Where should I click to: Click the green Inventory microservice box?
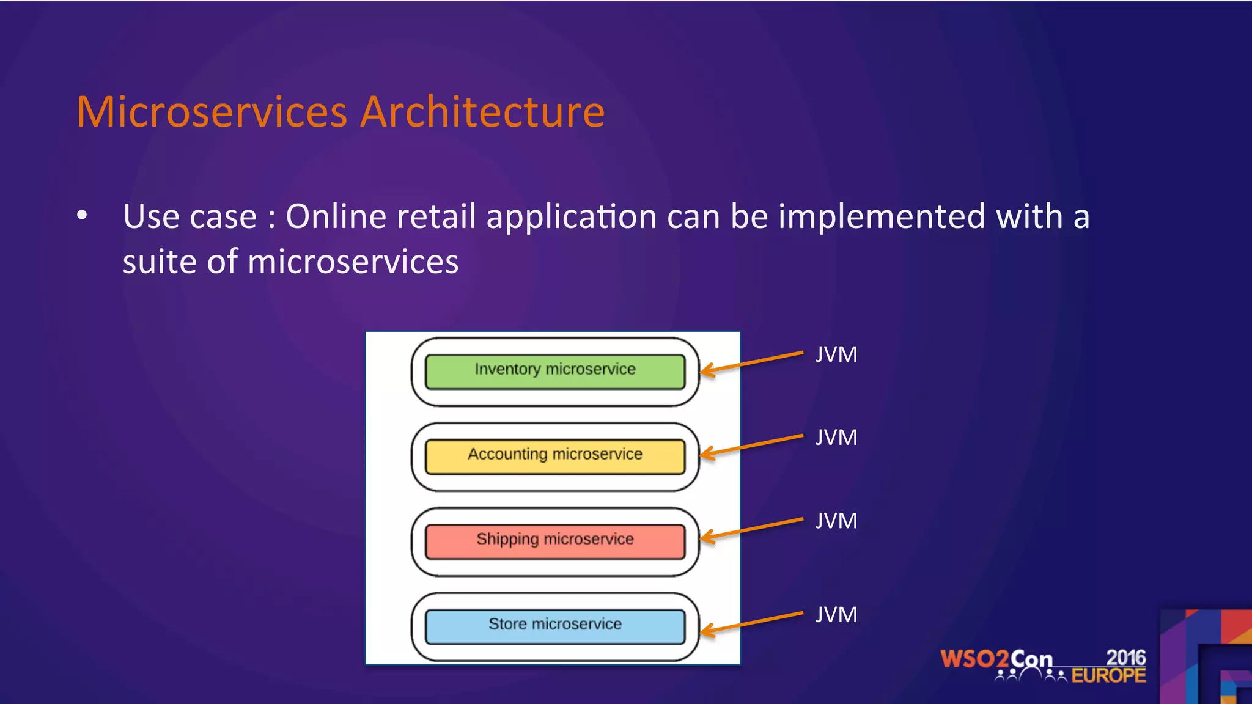tap(555, 372)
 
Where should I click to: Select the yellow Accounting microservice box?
tap(555, 457)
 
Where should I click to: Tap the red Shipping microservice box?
tap(555, 541)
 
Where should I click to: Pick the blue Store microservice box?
tap(555, 626)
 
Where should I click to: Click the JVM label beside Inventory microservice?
tap(836, 354)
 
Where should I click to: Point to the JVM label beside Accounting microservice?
tap(836, 438)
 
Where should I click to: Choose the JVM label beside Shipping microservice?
tap(836, 521)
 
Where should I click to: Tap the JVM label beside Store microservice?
tap(836, 615)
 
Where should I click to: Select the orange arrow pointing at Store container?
tap(752, 623)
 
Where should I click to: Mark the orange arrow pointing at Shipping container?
tap(752, 529)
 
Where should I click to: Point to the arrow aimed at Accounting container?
tap(752, 445)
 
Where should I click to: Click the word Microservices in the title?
tap(212, 112)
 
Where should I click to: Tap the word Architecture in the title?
tap(482, 112)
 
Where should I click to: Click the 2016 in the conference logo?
tap(1125, 658)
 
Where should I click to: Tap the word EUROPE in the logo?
tap(1108, 675)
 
